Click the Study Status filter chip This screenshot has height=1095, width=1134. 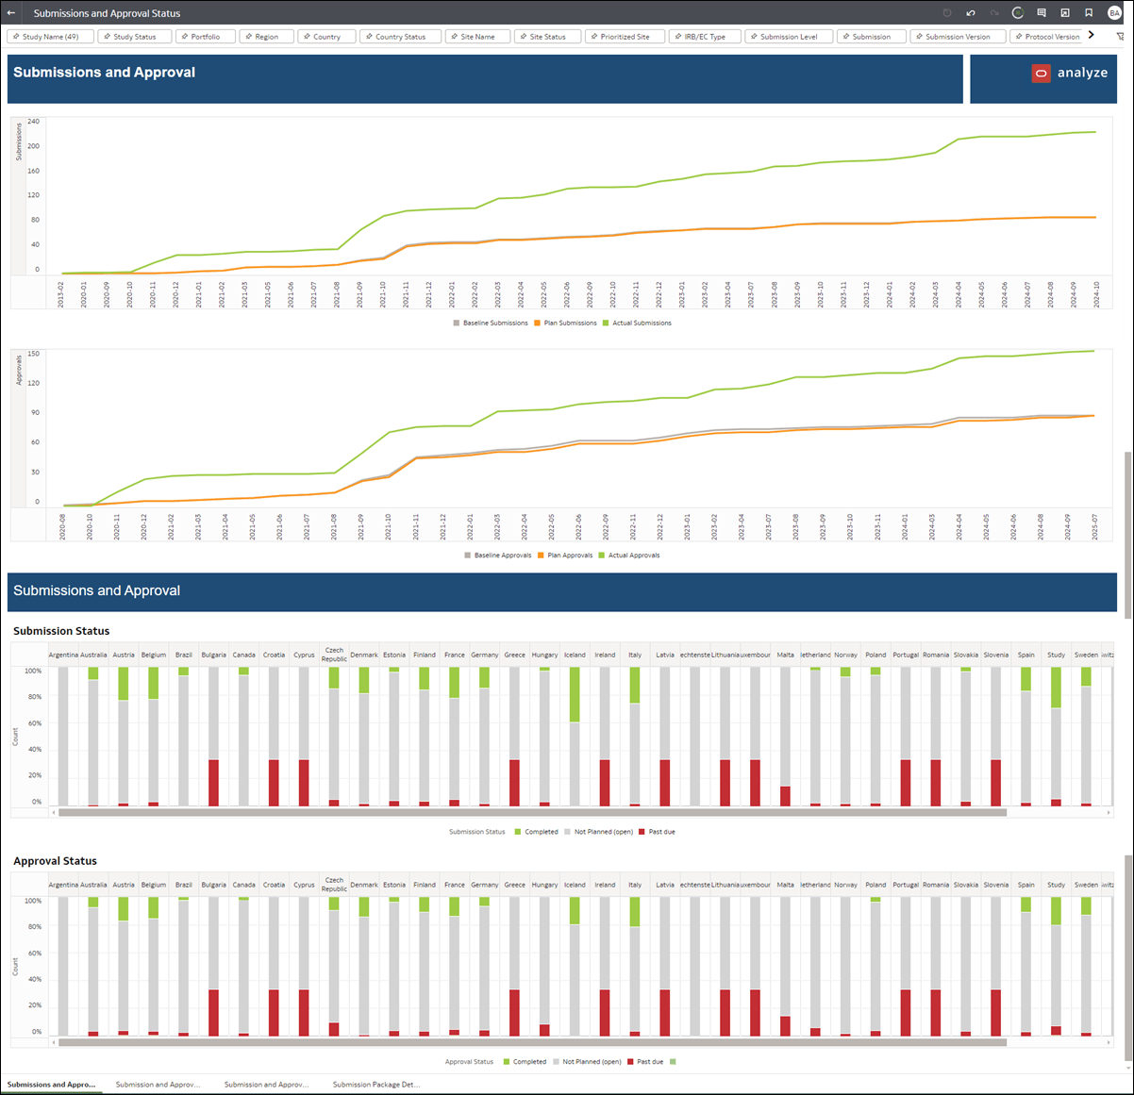(134, 37)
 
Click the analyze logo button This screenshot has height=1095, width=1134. (1069, 73)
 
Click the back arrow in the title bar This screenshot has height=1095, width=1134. (11, 13)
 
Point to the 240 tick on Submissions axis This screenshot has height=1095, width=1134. (34, 122)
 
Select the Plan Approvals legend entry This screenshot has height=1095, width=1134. (569, 556)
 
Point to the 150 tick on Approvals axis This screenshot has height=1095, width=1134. (34, 355)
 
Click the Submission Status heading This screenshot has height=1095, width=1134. (61, 631)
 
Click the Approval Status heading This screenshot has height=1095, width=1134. (55, 861)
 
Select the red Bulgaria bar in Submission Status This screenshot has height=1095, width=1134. (214, 783)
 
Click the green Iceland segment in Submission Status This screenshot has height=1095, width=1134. (575, 694)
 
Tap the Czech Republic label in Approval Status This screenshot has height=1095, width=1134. (334, 885)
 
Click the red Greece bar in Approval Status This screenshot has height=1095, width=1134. (514, 1013)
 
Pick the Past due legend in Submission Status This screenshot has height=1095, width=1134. (660, 832)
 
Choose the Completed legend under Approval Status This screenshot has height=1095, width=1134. (528, 1062)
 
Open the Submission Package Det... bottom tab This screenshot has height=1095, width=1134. (375, 1085)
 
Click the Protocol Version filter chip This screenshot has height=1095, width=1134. (1050, 37)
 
